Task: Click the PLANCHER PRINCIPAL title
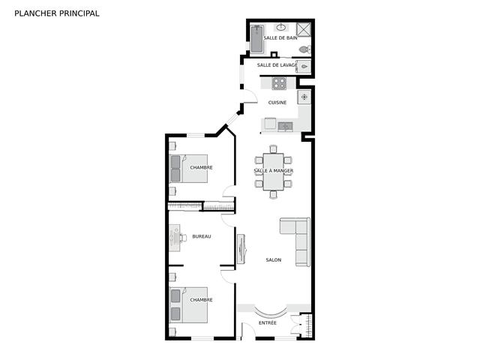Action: tap(57, 13)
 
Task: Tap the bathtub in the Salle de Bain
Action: tap(257, 39)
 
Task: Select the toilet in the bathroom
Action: tap(305, 49)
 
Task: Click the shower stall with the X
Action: tap(304, 30)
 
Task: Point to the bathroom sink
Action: tap(280, 28)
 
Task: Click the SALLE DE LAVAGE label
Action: tap(277, 65)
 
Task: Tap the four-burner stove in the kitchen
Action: tap(279, 83)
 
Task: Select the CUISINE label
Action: tap(277, 103)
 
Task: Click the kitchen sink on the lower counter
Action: tap(285, 126)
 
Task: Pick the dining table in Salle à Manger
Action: tap(273, 172)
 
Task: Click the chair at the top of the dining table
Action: tap(273, 148)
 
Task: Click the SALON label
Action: tap(273, 260)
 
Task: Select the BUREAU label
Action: tap(202, 236)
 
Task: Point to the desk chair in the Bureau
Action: tap(183, 238)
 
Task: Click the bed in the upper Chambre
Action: tap(188, 169)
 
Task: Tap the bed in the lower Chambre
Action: tap(188, 305)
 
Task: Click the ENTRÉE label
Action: tap(268, 323)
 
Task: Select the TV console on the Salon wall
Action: tap(241, 249)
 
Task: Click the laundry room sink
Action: tap(304, 67)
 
